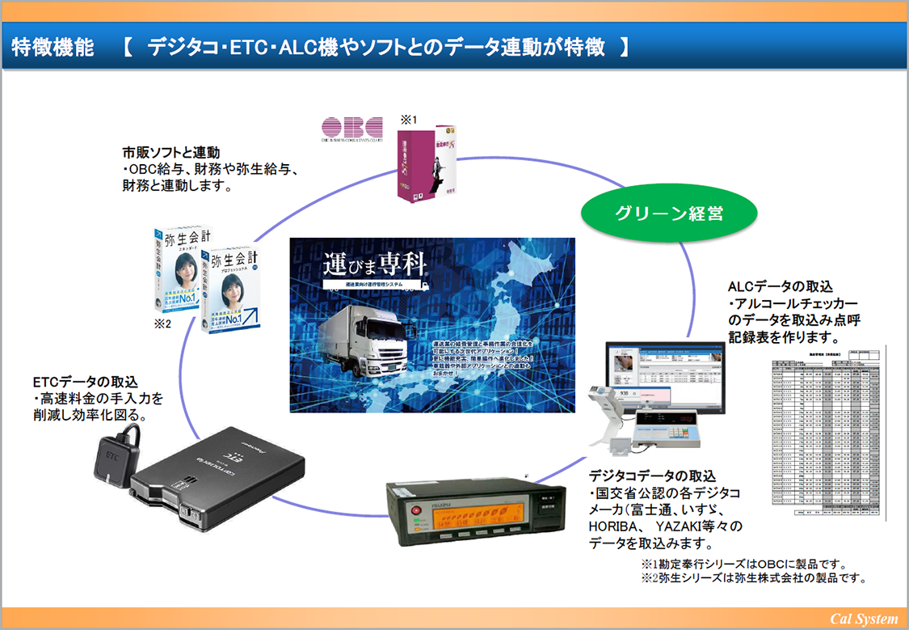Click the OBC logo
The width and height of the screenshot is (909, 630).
351,130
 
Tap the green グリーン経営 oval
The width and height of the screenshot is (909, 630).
668,214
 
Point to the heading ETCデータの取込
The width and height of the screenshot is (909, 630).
86,382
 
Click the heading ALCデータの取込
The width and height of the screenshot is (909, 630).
780,286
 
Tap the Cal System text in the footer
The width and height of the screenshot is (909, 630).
864,619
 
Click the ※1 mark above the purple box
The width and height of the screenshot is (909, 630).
410,120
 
